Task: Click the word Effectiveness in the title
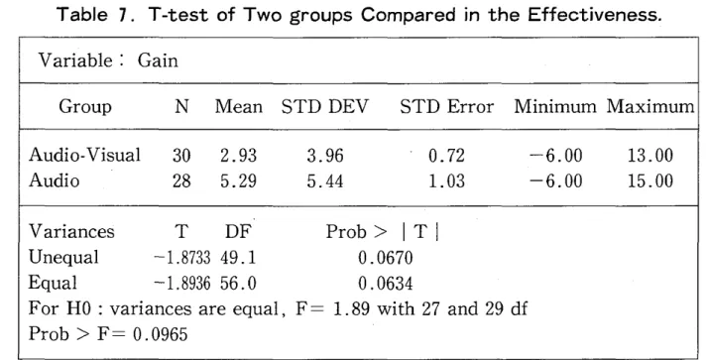(595, 15)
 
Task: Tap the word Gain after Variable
(158, 60)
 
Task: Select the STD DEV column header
(325, 107)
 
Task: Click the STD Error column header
(447, 107)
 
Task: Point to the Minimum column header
(555, 107)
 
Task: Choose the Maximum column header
(650, 107)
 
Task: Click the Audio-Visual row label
(85, 155)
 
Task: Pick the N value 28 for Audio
(181, 180)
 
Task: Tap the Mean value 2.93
(238, 156)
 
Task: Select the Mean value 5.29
(238, 180)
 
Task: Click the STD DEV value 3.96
(325, 156)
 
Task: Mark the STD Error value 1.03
(446, 180)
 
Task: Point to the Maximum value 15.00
(650, 180)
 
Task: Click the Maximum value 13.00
(650, 156)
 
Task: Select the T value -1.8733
(182, 258)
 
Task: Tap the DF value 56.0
(238, 284)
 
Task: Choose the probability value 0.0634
(386, 284)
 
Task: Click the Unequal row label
(63, 258)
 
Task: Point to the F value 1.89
(351, 308)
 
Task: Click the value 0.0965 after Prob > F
(160, 334)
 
